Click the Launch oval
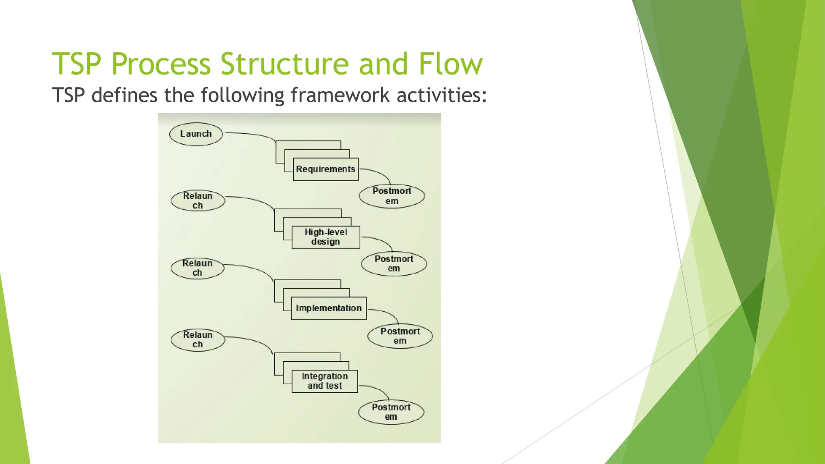point(196,134)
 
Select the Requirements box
point(325,169)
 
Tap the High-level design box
point(325,237)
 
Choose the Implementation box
point(328,308)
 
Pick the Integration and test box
point(325,381)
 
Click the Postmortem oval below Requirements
point(392,196)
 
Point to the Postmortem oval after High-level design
point(394,264)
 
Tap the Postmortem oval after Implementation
point(400,336)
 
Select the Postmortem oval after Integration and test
point(391,412)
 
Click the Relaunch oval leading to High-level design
point(197,201)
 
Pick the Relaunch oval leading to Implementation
point(197,268)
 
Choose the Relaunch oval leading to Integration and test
point(197,340)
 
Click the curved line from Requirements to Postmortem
point(381,173)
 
